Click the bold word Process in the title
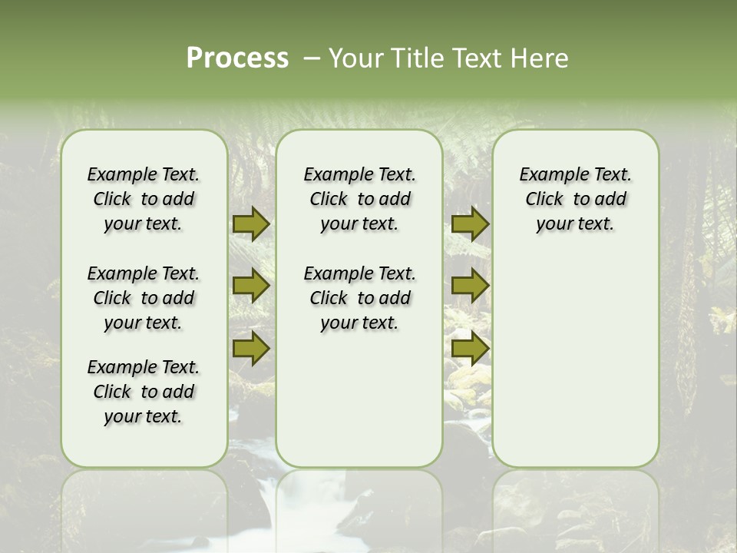tap(237, 58)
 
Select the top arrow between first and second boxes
tap(251, 224)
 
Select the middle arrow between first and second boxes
tap(251, 286)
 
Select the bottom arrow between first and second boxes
tap(251, 348)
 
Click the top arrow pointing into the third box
tap(470, 224)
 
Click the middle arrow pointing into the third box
tap(470, 286)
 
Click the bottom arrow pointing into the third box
tap(470, 348)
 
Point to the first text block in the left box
tap(144, 199)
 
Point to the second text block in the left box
tap(144, 298)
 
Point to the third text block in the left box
tap(144, 392)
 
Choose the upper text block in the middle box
tap(359, 199)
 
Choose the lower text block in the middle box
tap(359, 298)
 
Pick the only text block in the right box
tap(575, 199)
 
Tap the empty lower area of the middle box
tap(359, 399)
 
